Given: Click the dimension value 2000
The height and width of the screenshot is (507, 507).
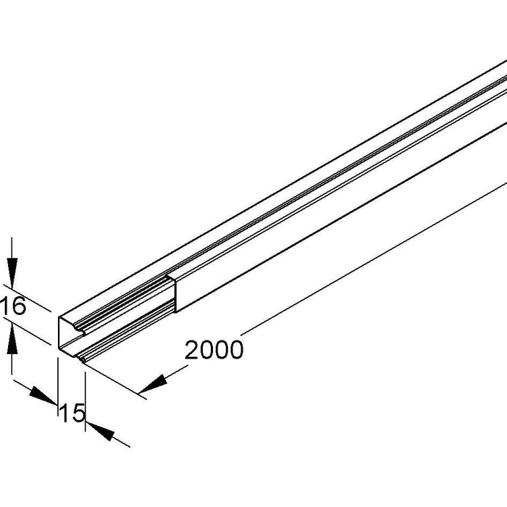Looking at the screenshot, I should point(214,350).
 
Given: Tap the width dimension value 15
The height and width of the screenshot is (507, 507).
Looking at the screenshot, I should point(72,414).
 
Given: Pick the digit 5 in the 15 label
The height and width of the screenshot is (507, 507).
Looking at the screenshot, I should point(78,414).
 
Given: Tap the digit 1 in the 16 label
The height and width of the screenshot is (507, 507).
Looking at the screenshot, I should point(6,307).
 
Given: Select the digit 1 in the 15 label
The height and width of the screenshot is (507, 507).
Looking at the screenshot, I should point(64,414).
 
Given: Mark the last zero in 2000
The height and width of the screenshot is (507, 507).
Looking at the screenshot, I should point(235,350).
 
